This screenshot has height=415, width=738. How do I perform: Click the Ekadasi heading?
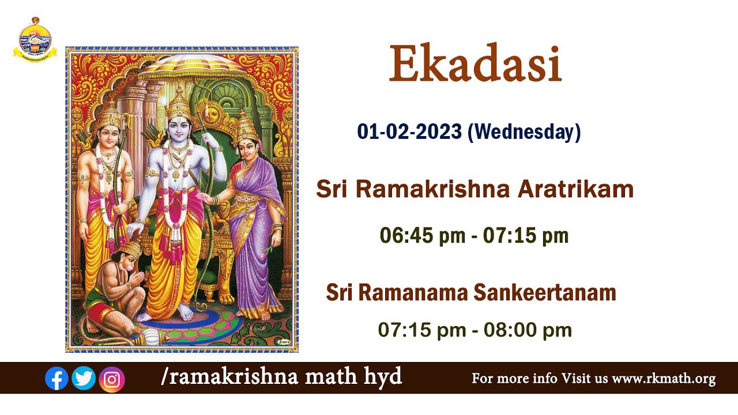pos(475,63)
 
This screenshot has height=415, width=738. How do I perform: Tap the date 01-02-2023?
pos(409,132)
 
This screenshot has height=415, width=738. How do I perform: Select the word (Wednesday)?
pos(524,133)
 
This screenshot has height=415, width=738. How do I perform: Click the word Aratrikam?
pos(576,190)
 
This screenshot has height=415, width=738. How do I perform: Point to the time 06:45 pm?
pos(423,236)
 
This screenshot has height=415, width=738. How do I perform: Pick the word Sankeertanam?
pos(545,292)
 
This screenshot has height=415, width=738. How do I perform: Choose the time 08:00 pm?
pos(528,330)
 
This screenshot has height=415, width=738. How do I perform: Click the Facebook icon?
pos(57,378)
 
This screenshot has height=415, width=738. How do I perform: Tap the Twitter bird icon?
pos(84,378)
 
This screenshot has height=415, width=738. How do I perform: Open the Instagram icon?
pos(112,379)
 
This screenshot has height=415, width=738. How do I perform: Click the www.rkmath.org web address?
pos(664,379)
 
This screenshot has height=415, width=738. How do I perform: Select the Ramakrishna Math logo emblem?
pos(35,40)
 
